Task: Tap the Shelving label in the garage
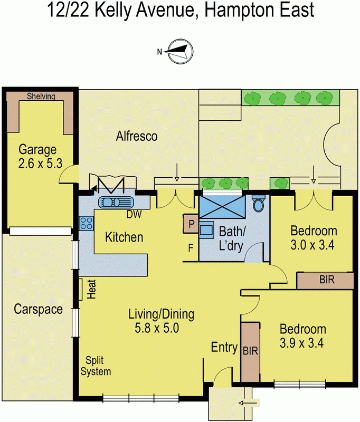pyautogui.click(x=41, y=95)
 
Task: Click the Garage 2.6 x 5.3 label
pyautogui.click(x=41, y=156)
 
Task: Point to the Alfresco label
pyautogui.click(x=137, y=137)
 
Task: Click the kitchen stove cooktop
pyautogui.click(x=86, y=223)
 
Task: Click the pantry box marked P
pyautogui.click(x=190, y=224)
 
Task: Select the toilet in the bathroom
pyautogui.click(x=259, y=204)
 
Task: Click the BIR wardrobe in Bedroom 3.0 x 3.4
pyautogui.click(x=325, y=281)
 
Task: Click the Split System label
pyautogui.click(x=99, y=367)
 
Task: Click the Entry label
pyautogui.click(x=224, y=348)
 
